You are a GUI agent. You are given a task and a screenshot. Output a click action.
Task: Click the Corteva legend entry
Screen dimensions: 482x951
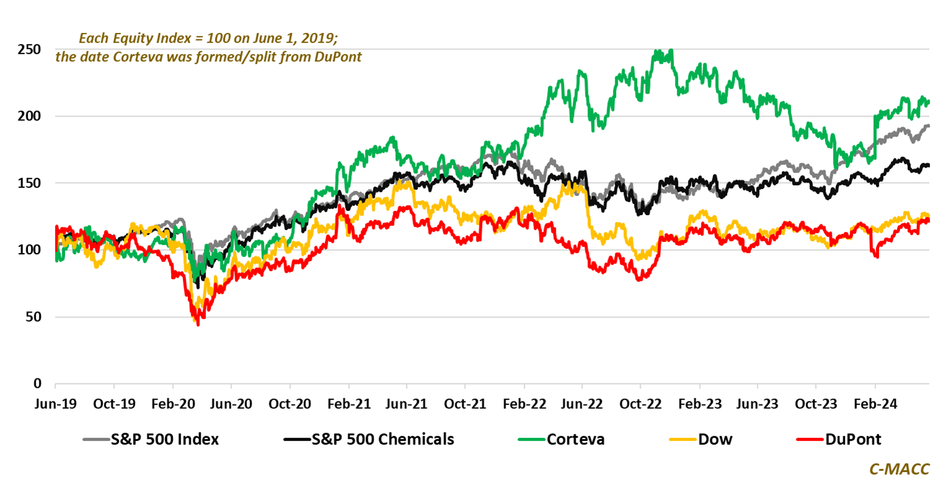576,440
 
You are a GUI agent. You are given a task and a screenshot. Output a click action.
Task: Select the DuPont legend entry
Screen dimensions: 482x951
853,440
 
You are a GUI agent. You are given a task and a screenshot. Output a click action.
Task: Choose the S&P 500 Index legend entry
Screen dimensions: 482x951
164,440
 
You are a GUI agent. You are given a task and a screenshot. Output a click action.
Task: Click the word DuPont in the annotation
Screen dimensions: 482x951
339,57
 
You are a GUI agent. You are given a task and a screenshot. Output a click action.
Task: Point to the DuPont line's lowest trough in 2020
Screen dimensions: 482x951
198,324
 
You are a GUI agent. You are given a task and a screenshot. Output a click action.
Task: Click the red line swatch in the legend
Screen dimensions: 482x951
809,440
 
